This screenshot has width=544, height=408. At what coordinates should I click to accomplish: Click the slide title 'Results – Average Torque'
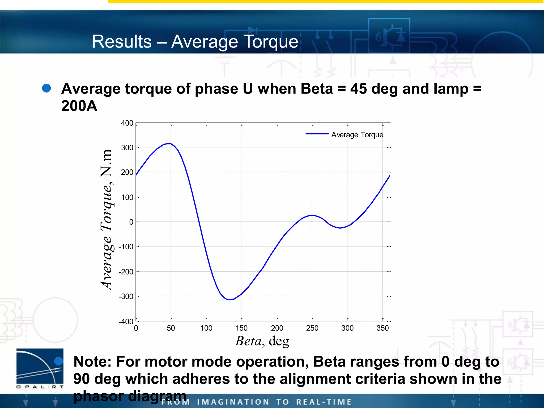pyautogui.click(x=195, y=42)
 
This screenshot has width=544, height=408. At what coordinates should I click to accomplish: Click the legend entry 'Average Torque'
pyautogui.click(x=357, y=135)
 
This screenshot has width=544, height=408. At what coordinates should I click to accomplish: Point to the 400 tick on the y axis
pyautogui.click(x=127, y=123)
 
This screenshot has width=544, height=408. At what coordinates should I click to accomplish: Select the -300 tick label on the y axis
pyautogui.click(x=126, y=296)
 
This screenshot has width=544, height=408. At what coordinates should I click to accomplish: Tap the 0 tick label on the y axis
pyautogui.click(x=131, y=222)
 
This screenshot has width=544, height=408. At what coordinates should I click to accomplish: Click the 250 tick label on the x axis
pyautogui.click(x=312, y=328)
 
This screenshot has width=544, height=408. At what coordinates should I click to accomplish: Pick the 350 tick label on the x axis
pyautogui.click(x=382, y=328)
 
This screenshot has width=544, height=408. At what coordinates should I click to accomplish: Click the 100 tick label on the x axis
pyautogui.click(x=206, y=328)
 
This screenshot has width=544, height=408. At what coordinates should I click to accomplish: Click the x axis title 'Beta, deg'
pyautogui.click(x=262, y=341)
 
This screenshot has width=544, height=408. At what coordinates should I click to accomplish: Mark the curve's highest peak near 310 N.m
pyautogui.click(x=168, y=144)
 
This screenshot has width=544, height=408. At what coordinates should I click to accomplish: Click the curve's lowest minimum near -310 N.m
pyautogui.click(x=229, y=299)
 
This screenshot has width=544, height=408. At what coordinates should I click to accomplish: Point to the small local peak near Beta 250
pyautogui.click(x=312, y=215)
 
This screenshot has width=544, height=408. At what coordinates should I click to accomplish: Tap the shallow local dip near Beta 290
pyautogui.click(x=340, y=228)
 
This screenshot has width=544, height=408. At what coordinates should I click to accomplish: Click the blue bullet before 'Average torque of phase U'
pyautogui.click(x=46, y=88)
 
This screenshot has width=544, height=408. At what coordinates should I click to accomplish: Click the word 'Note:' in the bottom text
pyautogui.click(x=92, y=362)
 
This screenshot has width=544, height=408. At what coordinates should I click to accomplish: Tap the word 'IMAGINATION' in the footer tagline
pyautogui.click(x=233, y=402)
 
